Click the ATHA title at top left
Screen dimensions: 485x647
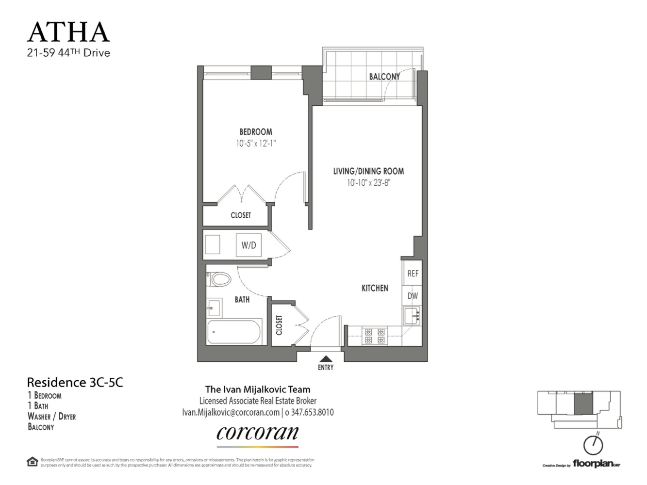[x=68, y=32]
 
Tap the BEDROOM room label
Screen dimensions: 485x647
[x=256, y=131]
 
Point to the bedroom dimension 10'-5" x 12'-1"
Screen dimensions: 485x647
[x=256, y=144]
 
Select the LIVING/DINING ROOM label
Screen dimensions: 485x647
[x=368, y=171]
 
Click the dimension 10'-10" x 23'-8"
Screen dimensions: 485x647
[x=368, y=183]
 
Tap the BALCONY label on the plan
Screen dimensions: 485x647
[x=384, y=77]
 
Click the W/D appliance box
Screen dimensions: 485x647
[x=249, y=245]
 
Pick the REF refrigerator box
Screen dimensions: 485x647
[x=413, y=274]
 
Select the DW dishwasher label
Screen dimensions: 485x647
[x=413, y=296]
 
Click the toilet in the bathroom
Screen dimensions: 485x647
[x=219, y=279]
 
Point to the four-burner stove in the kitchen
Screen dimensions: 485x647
[x=375, y=336]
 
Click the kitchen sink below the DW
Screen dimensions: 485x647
[x=412, y=316]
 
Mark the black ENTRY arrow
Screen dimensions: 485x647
[x=326, y=359]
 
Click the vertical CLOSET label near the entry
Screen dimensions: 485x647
[x=279, y=325]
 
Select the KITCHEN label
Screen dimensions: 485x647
[x=375, y=288]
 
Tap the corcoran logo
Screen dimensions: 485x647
[x=257, y=433]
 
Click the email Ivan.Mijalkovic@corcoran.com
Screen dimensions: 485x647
[x=231, y=412]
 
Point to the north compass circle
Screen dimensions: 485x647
[x=593, y=445]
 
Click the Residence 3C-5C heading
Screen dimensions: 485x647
[x=75, y=383]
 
